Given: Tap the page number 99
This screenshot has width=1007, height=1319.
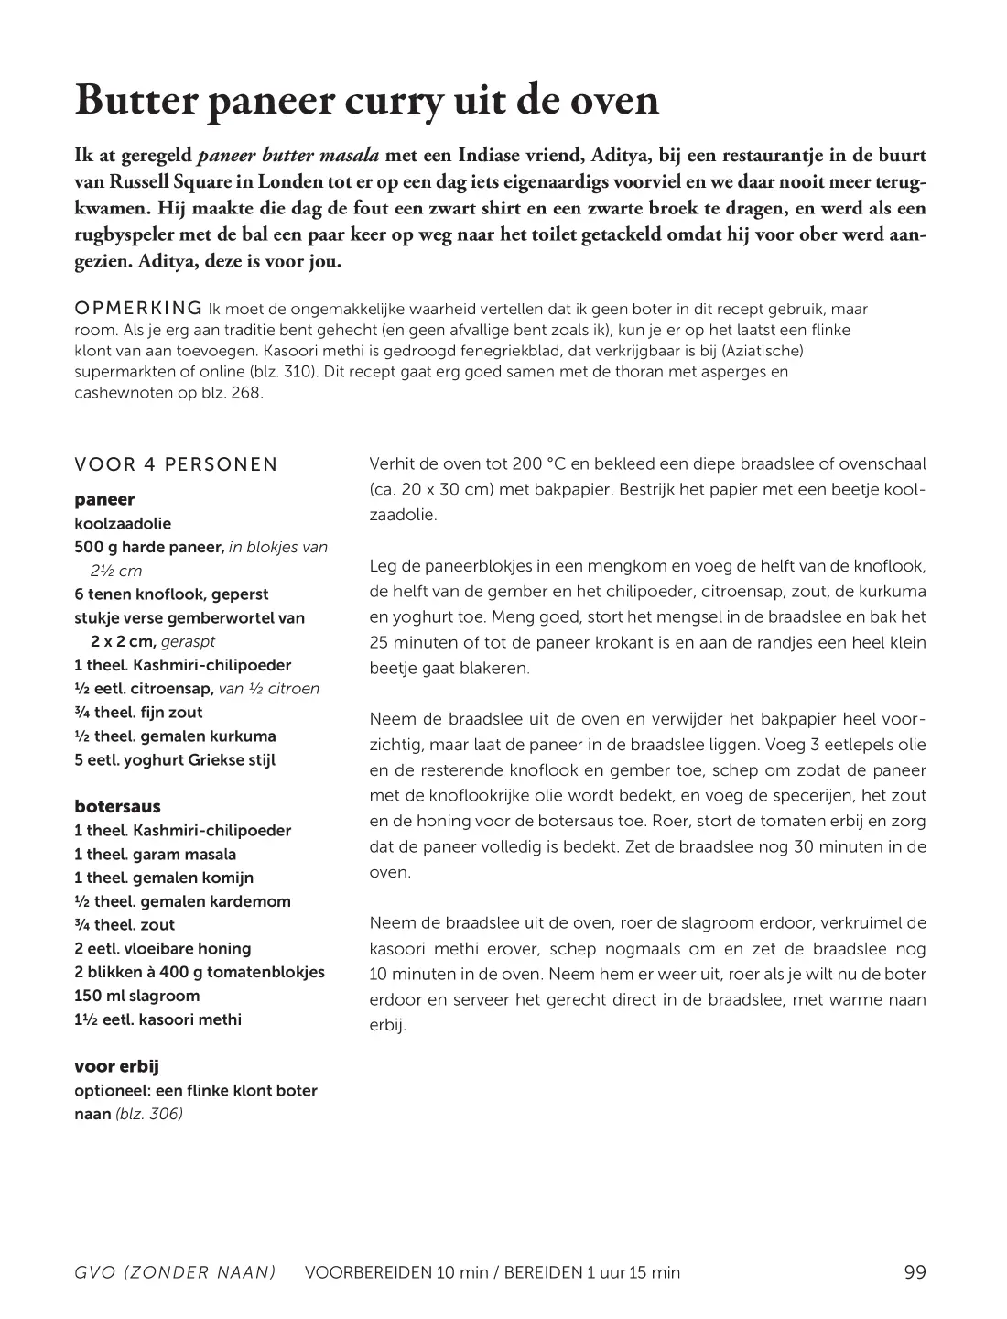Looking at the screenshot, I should (915, 1271).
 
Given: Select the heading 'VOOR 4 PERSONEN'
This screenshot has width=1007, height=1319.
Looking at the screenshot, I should (176, 464).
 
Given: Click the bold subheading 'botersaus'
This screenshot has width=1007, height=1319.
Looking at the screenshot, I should (117, 806).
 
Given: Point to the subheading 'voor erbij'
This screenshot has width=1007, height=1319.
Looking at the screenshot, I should (117, 1066).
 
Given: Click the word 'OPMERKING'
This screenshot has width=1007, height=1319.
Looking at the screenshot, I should (138, 308).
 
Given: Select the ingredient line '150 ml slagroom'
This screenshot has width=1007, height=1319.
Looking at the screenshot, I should (136, 996).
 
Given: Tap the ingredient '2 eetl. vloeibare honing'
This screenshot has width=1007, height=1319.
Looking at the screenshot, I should (162, 948).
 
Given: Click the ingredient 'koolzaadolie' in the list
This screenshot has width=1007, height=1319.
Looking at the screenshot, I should (123, 524).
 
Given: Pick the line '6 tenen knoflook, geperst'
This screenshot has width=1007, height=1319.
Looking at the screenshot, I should (171, 594).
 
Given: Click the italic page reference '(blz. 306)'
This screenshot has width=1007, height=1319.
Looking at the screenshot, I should (149, 1114).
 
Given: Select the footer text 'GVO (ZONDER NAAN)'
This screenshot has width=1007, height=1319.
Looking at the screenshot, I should (175, 1272).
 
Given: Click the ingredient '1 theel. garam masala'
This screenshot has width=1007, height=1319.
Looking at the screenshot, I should (155, 854).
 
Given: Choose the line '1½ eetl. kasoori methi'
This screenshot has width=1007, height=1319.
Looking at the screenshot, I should (157, 1019).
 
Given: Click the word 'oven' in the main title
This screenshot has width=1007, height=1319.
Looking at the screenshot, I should (616, 102).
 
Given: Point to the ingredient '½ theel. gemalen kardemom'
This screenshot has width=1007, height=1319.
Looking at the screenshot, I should (182, 901).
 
